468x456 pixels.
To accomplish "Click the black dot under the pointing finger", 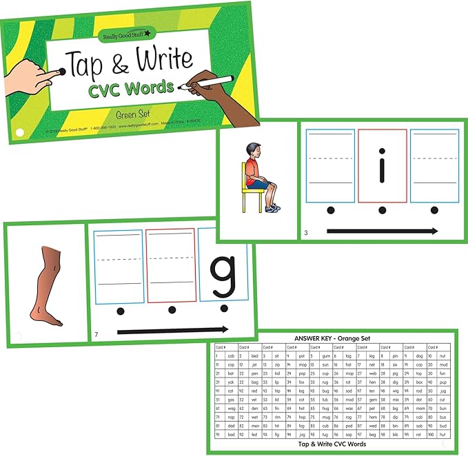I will [x=63, y=70].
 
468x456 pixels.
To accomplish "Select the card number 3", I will [x=306, y=233].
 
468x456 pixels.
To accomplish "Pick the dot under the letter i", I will [x=383, y=209].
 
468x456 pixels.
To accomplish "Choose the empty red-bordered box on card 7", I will [x=171, y=265].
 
